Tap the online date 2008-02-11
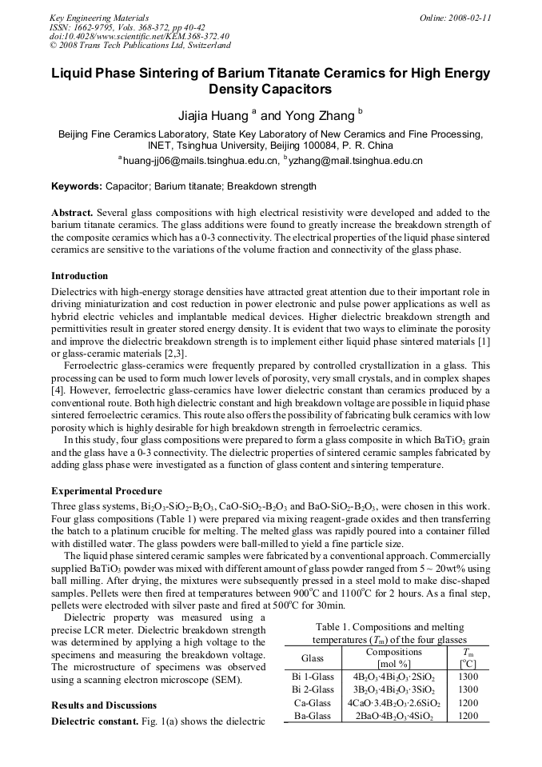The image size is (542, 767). click(x=456, y=18)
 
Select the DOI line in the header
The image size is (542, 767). click(x=140, y=36)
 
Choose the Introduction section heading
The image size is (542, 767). click(x=79, y=276)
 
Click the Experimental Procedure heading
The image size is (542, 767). click(x=106, y=490)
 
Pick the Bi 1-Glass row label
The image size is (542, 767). click(x=313, y=677)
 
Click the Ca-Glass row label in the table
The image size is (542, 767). click(x=313, y=703)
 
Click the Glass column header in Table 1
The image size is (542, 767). click(x=313, y=657)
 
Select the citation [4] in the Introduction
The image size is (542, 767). click(x=58, y=391)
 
